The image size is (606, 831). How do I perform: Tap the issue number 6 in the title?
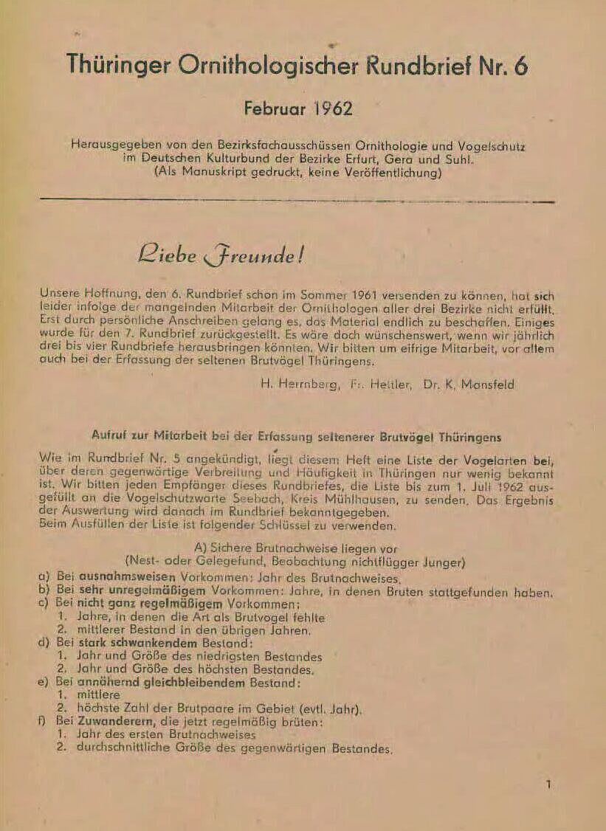click(x=520, y=66)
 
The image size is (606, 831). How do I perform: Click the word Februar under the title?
click(x=274, y=108)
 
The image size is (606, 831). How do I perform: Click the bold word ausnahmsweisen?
click(x=122, y=579)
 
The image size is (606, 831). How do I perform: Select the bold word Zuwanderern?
click(x=100, y=721)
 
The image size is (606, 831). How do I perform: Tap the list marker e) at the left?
click(x=44, y=682)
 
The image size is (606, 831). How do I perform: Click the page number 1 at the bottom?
click(x=548, y=785)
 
